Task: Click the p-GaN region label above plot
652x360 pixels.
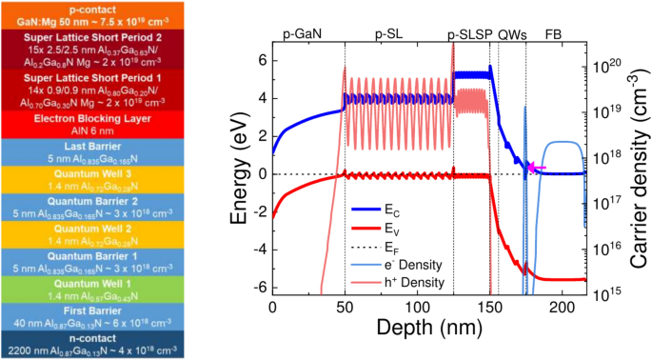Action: click(x=303, y=33)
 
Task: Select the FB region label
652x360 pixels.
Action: click(x=553, y=33)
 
